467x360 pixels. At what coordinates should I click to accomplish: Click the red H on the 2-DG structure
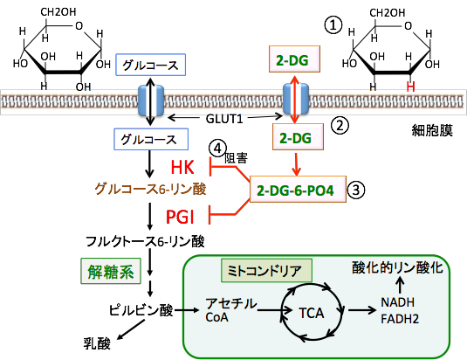[x=411, y=87]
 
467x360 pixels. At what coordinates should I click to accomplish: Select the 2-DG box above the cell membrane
[x=294, y=59]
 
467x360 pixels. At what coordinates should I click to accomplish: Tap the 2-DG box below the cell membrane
[x=298, y=137]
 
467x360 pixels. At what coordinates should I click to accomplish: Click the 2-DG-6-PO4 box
[x=298, y=190]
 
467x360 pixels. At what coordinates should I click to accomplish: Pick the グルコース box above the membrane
[x=151, y=65]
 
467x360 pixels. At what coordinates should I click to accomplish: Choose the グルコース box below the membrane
[x=151, y=139]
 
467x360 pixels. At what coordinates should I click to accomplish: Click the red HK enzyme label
[x=182, y=167]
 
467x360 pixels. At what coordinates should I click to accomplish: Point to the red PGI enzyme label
[x=180, y=217]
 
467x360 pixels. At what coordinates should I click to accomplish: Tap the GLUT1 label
[x=224, y=119]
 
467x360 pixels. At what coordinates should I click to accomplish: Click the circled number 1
[x=333, y=25]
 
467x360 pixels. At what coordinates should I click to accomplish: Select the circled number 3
[x=356, y=190]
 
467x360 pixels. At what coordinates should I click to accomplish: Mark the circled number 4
[x=217, y=149]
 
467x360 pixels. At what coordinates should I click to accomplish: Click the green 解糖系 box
[x=111, y=271]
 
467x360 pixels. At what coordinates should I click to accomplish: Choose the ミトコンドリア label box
[x=266, y=270]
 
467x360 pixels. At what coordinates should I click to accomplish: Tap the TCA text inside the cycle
[x=312, y=313]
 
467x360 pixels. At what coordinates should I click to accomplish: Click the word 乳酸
[x=97, y=343]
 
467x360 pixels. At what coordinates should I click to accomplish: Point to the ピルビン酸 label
[x=141, y=310]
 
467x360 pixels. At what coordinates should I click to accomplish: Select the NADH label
[x=398, y=302]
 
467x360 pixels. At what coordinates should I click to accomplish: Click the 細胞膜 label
[x=432, y=130]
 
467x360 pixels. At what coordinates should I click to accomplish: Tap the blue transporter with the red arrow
[x=295, y=100]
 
